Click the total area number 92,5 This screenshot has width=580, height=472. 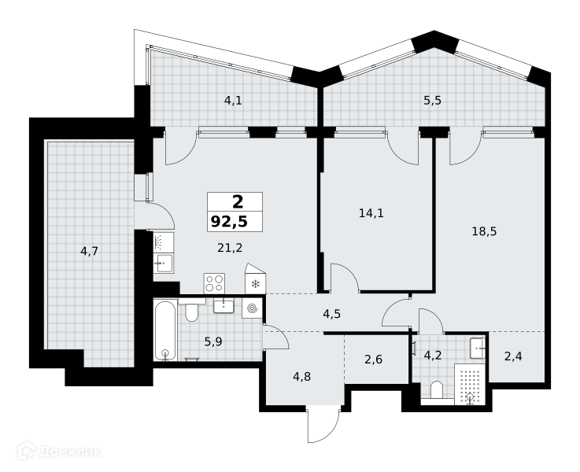[x=229, y=222]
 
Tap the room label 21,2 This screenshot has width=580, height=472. [x=230, y=248]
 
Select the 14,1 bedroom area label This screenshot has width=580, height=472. [x=371, y=213]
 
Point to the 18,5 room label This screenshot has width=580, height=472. [x=484, y=231]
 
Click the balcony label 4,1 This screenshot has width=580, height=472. [x=234, y=100]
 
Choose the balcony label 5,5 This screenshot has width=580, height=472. [x=432, y=100]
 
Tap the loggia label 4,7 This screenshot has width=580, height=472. [x=90, y=251]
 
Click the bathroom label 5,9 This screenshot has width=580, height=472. [x=213, y=342]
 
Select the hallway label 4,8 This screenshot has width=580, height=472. [x=302, y=377]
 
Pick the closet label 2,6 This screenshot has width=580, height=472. [x=374, y=359]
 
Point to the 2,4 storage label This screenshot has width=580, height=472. [x=513, y=356]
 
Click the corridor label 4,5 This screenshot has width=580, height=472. [x=332, y=314]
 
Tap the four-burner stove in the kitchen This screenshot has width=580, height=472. [x=214, y=283]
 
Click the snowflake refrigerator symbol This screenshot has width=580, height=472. [x=255, y=284]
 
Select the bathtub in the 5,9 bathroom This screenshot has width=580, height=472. [x=165, y=330]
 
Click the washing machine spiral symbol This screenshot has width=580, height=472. [x=253, y=308]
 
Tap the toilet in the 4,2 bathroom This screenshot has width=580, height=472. [x=437, y=391]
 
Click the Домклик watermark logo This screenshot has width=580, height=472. [x=60, y=452]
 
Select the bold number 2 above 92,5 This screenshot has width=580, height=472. [x=238, y=202]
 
